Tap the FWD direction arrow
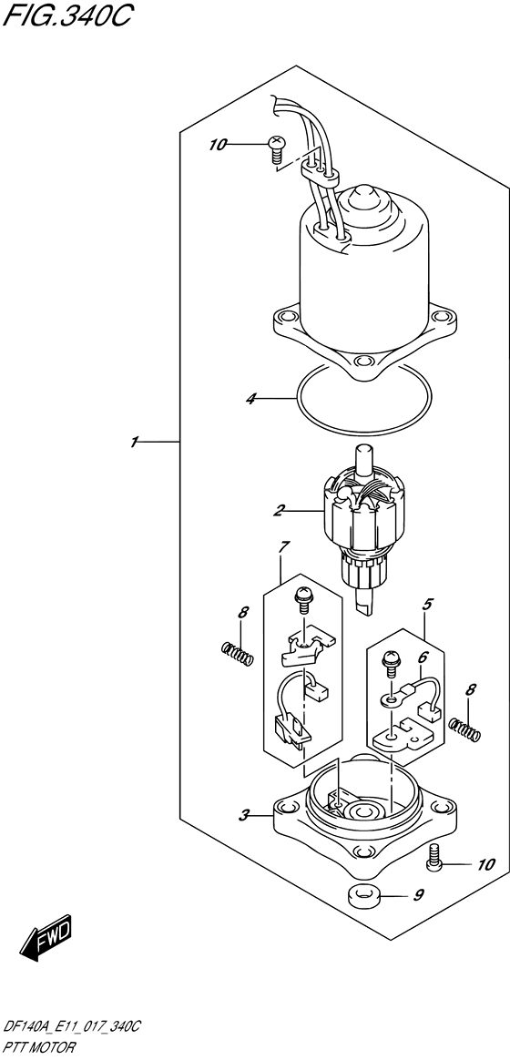pyautogui.click(x=46, y=940)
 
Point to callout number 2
pyautogui.click(x=278, y=510)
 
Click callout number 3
pyautogui.click(x=245, y=817)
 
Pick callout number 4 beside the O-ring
pyautogui.click(x=251, y=399)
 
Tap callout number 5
pyautogui.click(x=427, y=605)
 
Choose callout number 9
pyautogui.click(x=419, y=896)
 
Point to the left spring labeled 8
pyautogui.click(x=238, y=652)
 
